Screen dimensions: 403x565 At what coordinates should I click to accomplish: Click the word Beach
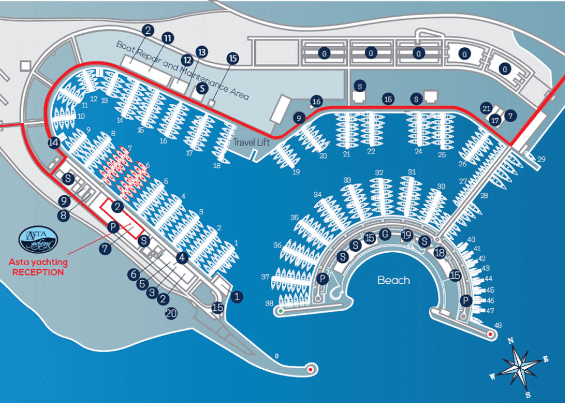(x=393, y=280)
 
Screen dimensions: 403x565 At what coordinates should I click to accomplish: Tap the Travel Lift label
(x=251, y=142)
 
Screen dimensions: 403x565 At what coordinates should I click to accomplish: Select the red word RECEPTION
(x=38, y=272)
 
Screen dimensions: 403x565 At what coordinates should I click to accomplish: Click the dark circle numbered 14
(x=54, y=142)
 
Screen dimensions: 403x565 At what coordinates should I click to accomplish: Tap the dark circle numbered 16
(x=316, y=101)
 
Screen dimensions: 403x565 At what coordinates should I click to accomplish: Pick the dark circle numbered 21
(x=486, y=108)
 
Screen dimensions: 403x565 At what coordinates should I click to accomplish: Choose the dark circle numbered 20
(x=171, y=314)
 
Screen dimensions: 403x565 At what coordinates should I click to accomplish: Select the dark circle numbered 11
(x=167, y=38)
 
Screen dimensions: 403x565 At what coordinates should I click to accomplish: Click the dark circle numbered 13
(x=201, y=51)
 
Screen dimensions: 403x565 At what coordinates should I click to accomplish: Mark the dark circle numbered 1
(x=237, y=296)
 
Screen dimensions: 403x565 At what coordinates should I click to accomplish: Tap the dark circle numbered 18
(x=439, y=253)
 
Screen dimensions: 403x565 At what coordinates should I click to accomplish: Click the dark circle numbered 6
(x=133, y=274)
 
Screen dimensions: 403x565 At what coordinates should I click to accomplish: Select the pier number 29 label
(x=541, y=160)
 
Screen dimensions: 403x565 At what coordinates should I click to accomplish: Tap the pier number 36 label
(x=277, y=245)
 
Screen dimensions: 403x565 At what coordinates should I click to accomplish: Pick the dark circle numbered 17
(x=494, y=120)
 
